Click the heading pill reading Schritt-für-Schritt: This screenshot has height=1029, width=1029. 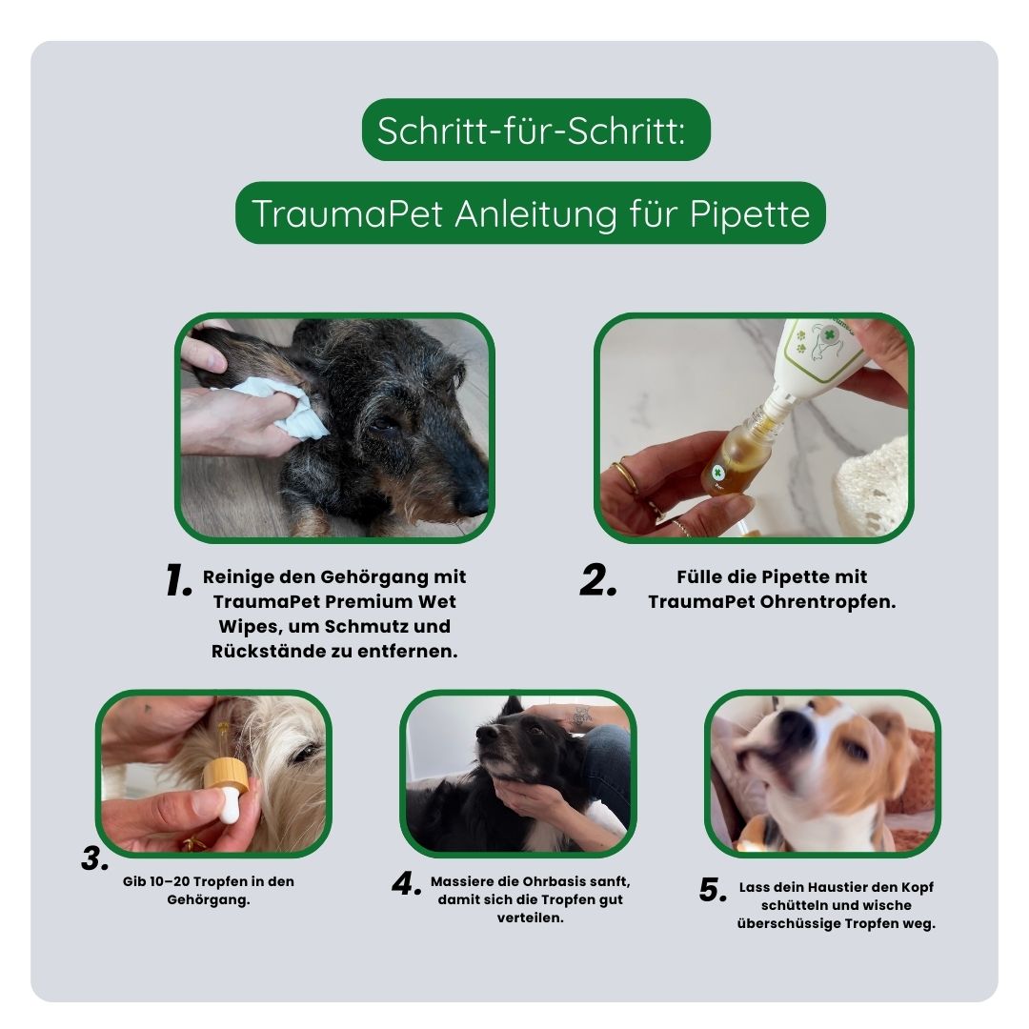click(x=536, y=130)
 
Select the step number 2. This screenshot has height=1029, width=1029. click(x=598, y=581)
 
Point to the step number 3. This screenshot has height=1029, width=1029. click(x=95, y=859)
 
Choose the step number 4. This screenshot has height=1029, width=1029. click(x=407, y=884)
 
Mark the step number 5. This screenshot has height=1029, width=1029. click(x=714, y=891)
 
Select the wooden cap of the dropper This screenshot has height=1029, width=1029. click(x=227, y=774)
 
